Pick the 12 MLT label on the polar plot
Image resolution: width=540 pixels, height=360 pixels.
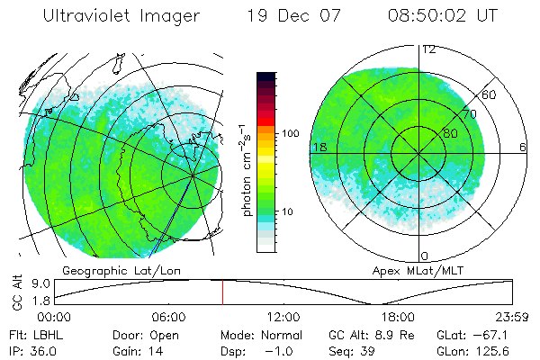click(x=429, y=49)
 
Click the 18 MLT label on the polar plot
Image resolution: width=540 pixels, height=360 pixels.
click(x=319, y=147)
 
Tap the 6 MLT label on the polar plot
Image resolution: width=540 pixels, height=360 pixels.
click(x=523, y=147)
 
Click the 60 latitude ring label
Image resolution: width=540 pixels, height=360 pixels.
click(x=490, y=95)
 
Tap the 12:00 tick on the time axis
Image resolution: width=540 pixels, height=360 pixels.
click(x=283, y=317)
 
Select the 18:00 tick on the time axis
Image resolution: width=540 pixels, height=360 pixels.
click(x=399, y=317)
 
